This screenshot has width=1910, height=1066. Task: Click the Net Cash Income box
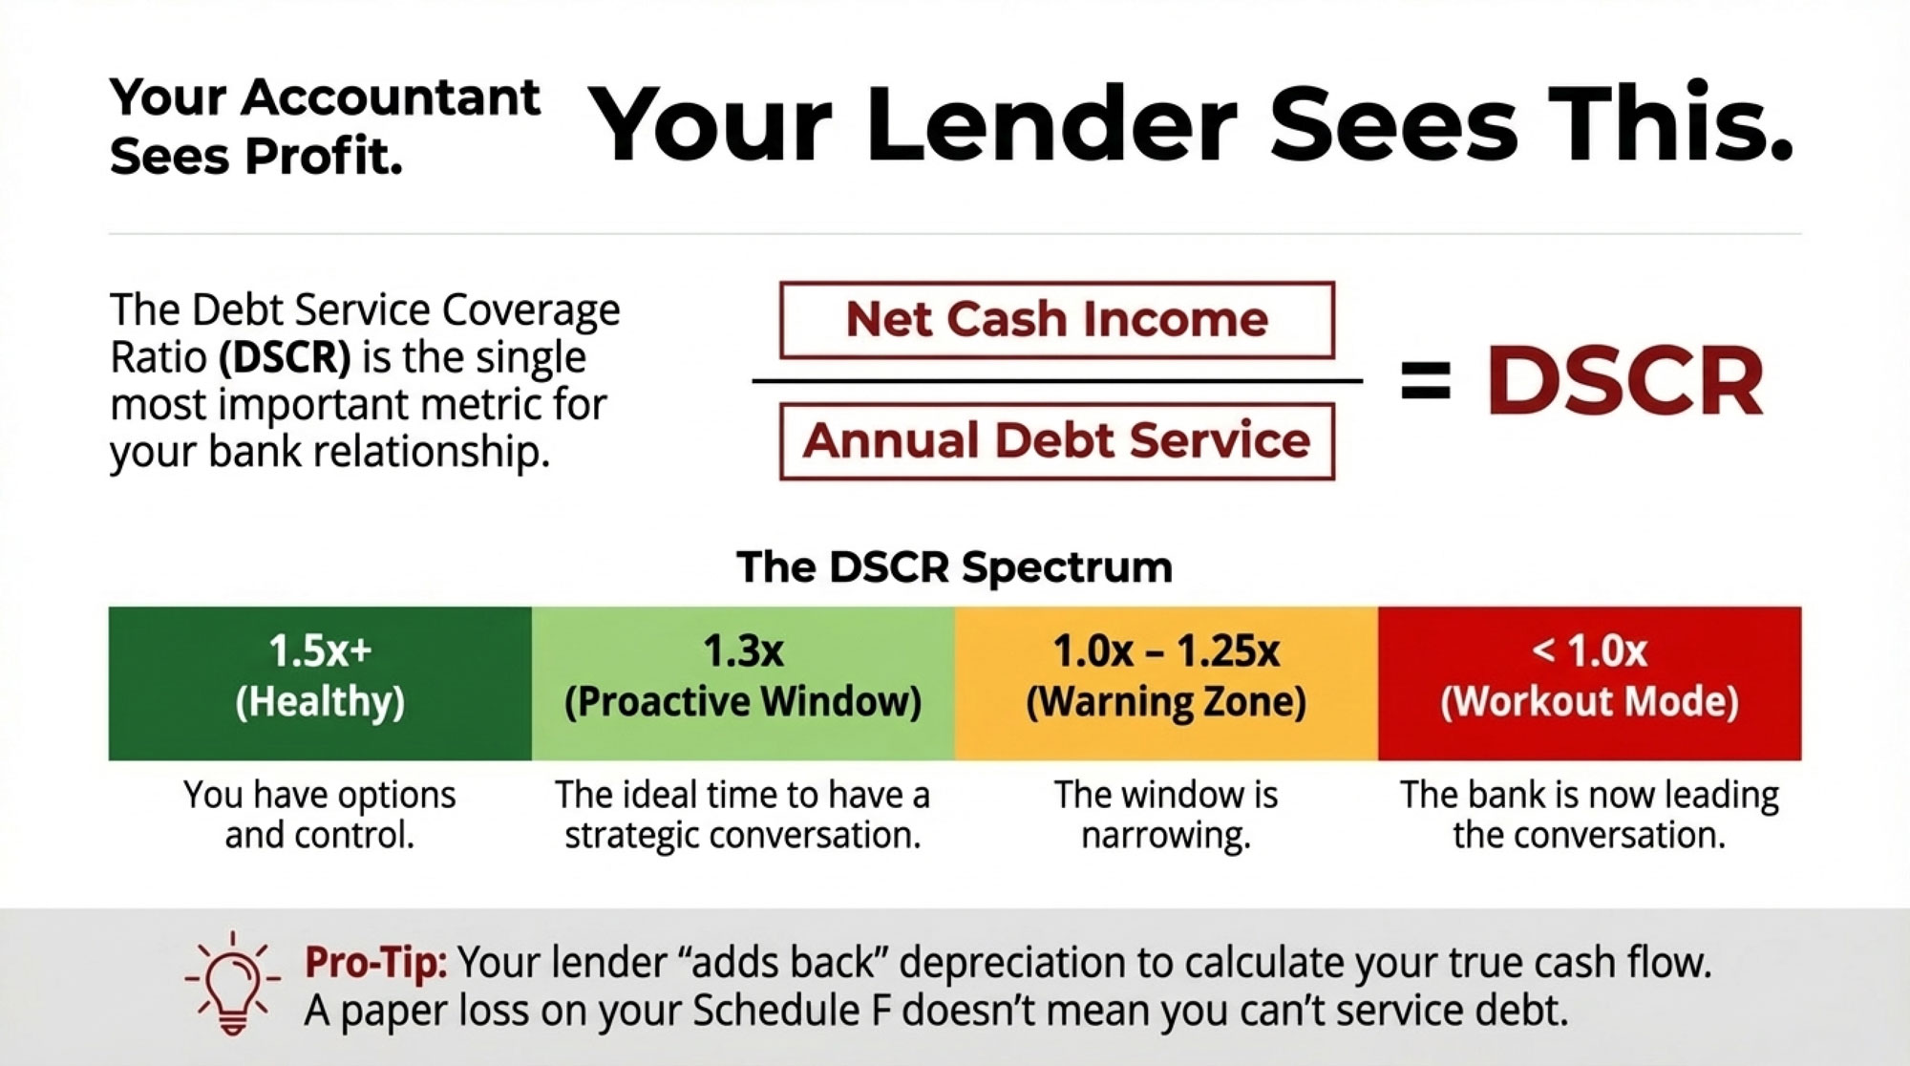point(1057,320)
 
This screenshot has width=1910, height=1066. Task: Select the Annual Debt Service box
point(1057,441)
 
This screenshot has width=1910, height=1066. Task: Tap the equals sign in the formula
point(1425,381)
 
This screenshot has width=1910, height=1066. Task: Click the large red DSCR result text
point(1624,381)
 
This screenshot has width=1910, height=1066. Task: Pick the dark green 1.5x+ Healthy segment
point(320,683)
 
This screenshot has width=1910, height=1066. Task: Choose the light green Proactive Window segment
point(743,683)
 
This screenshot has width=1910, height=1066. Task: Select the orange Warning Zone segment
point(1166,683)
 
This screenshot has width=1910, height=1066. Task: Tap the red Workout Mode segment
point(1590,683)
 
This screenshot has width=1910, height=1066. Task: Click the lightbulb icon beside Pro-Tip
point(232,984)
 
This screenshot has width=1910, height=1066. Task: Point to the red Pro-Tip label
point(375,962)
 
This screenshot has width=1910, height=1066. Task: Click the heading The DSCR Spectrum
point(954,567)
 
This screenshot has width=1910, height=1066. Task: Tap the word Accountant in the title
point(391,97)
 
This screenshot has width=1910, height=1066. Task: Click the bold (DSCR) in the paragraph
point(285,357)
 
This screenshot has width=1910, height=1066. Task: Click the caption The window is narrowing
point(1166,815)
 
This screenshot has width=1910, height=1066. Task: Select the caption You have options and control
point(320,815)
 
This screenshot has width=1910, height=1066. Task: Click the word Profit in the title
point(323,157)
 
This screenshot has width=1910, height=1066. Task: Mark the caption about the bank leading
point(1590,815)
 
